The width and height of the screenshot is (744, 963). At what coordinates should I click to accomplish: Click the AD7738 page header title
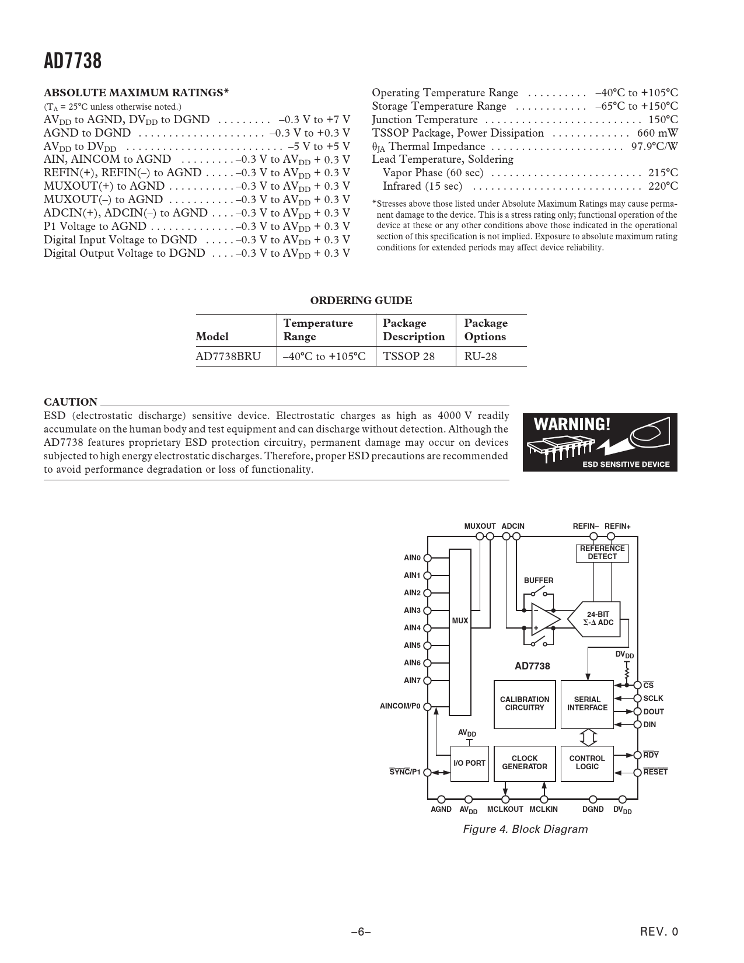pyautogui.click(x=73, y=61)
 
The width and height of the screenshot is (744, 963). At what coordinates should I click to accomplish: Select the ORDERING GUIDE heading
pyautogui.click(x=361, y=301)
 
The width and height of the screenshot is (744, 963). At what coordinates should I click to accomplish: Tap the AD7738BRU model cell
pyautogui.click(x=228, y=356)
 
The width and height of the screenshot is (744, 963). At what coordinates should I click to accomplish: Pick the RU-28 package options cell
pyautogui.click(x=480, y=356)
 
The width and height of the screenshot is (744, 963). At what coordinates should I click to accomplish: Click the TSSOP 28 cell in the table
pyautogui.click(x=408, y=356)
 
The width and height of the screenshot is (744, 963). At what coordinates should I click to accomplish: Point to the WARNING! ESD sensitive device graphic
pyautogui.click(x=600, y=442)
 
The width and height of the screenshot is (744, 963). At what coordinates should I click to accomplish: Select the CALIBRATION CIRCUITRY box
pyautogui.click(x=525, y=704)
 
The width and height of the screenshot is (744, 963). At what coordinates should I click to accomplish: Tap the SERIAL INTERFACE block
pyautogui.click(x=587, y=704)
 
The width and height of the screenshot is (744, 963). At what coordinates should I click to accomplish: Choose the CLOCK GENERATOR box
pyautogui.click(x=525, y=763)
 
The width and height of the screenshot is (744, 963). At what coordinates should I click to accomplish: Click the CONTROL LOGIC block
pyautogui.click(x=587, y=763)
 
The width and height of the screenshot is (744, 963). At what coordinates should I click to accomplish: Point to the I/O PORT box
pyautogui.click(x=469, y=763)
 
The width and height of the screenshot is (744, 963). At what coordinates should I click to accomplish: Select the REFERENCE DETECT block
pyautogui.click(x=602, y=553)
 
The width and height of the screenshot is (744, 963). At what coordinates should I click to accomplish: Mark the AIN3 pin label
pyautogui.click(x=412, y=610)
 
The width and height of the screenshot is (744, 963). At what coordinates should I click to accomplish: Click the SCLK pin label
pyautogui.click(x=653, y=698)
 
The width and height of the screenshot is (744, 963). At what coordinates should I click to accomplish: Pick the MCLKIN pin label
pyautogui.click(x=543, y=810)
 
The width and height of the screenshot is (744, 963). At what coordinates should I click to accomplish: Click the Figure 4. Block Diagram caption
pyautogui.click(x=525, y=829)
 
